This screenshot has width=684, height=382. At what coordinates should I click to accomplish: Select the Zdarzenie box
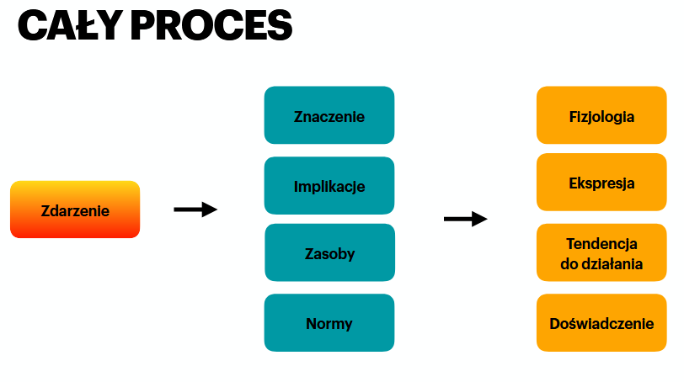(x=75, y=210)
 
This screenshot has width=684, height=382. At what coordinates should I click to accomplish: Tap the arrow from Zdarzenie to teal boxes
(x=195, y=210)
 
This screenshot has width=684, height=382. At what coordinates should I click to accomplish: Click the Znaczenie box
(x=329, y=116)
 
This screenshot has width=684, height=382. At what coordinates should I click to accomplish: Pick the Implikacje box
(x=329, y=186)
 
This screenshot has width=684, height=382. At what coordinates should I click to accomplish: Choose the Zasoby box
(x=329, y=252)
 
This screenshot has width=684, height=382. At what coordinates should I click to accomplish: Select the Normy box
(x=329, y=323)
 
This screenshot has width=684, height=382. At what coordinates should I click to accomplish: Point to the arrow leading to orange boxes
(x=465, y=219)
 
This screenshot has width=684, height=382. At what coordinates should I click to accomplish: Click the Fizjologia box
(x=601, y=116)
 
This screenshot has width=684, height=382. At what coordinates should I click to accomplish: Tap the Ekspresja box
(x=601, y=183)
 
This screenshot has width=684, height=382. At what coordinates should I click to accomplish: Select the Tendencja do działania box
(x=601, y=253)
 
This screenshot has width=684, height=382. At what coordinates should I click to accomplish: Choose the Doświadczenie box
(x=601, y=323)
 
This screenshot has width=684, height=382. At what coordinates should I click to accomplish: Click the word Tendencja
(x=601, y=244)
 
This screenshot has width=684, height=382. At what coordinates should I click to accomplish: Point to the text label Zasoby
(x=329, y=253)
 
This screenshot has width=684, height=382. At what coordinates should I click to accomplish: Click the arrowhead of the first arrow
(x=211, y=210)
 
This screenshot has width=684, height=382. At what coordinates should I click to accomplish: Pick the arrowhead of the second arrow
(x=480, y=219)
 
